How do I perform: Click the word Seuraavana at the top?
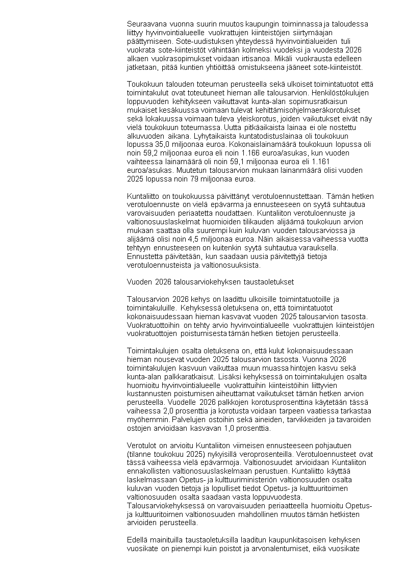click(144, 24)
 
